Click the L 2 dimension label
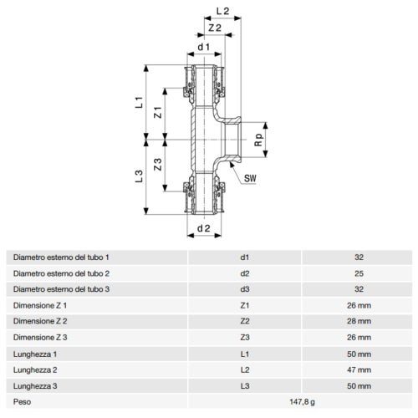point(222,11)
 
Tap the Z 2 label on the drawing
point(215,28)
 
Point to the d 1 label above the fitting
point(204,47)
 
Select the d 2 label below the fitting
point(204,228)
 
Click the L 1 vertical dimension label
point(139,102)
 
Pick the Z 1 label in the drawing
point(158,112)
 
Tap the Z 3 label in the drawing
point(158,165)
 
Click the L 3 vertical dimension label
point(139,176)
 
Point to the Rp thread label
point(259,140)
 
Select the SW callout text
point(250,178)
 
